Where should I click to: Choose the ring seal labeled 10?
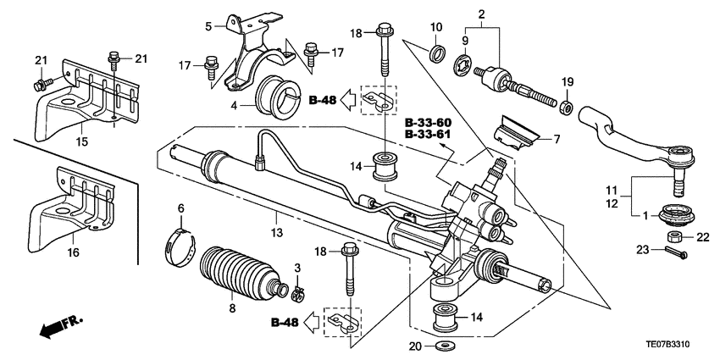coord(436,55)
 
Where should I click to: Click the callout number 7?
coord(557,138)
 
